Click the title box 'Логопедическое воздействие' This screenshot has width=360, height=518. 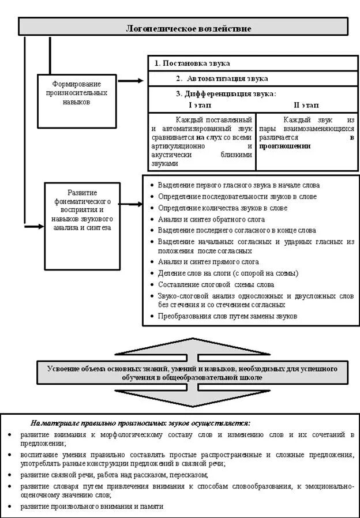pos(183,27)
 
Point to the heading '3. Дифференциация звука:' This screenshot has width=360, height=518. pos(226,93)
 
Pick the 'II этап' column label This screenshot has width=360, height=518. pos(306,106)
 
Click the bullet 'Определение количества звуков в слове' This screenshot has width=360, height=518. pos(222,208)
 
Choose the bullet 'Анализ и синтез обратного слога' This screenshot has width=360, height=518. pos(211,219)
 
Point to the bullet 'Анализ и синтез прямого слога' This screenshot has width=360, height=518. pos(209,262)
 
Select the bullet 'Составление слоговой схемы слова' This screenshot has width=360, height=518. pos(216,284)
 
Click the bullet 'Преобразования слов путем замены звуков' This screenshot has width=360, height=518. pos(227,316)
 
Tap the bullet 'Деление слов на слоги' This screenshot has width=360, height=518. pos(227,273)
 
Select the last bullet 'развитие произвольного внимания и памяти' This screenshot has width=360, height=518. pos(91,506)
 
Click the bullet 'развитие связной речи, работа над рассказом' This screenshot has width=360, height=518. pos(113,475)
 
